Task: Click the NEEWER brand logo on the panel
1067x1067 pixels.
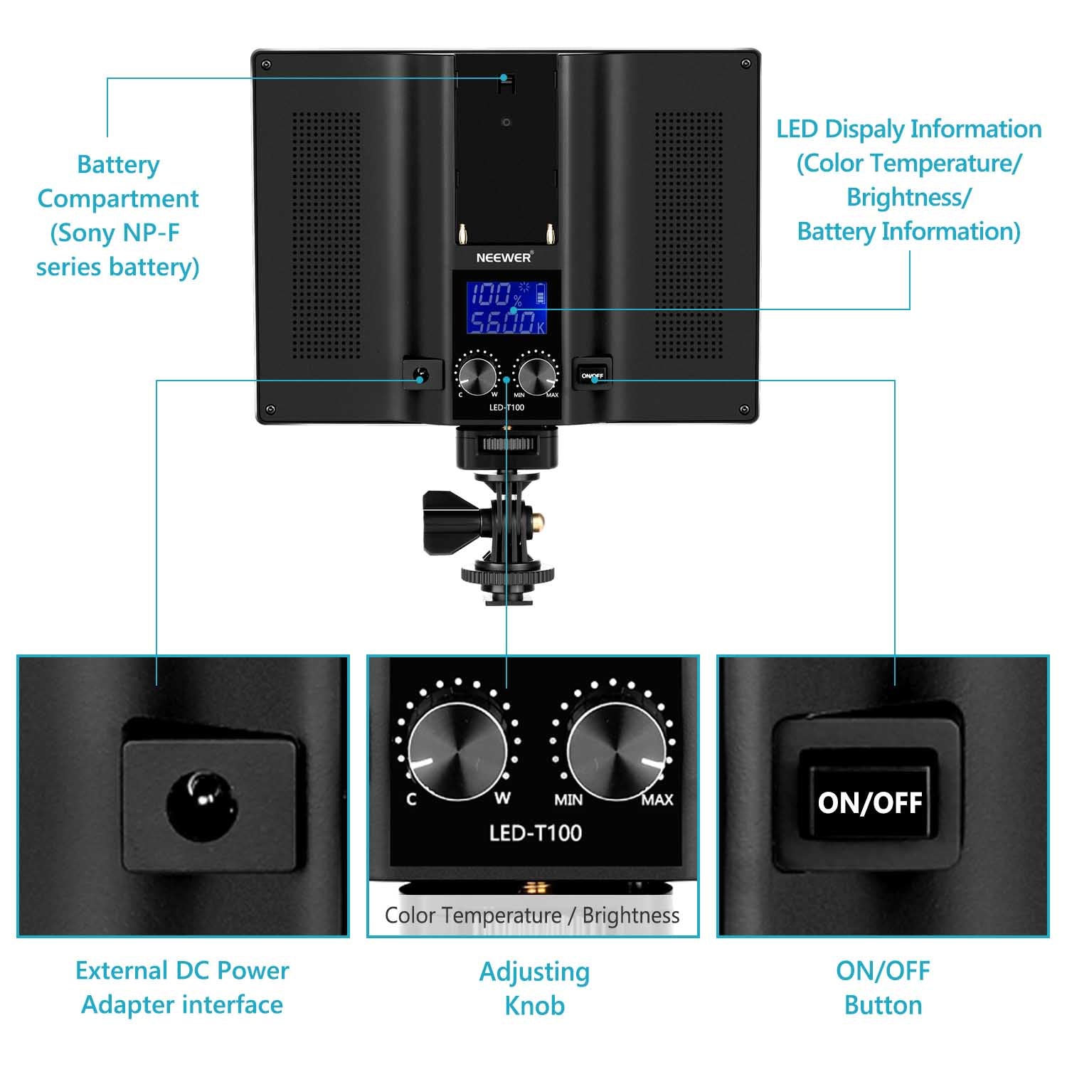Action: tap(504, 257)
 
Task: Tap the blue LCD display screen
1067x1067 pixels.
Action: tap(506, 307)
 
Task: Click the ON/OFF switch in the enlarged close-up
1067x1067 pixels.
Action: tap(869, 802)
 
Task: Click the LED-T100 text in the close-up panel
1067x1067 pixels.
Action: tap(536, 832)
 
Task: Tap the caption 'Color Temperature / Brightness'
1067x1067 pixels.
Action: tap(532, 915)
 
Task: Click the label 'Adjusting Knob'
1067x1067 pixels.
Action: tap(535, 989)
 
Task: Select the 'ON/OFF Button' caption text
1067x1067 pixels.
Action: tap(883, 988)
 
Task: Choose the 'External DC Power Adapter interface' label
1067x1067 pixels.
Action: tap(182, 987)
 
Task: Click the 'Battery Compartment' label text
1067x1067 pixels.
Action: tap(118, 181)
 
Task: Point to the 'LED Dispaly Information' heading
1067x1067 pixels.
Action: tap(909, 129)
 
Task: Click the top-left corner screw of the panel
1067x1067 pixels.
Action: tap(266, 64)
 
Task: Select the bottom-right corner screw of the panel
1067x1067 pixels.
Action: tap(744, 410)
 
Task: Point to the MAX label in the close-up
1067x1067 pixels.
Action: tap(657, 800)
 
